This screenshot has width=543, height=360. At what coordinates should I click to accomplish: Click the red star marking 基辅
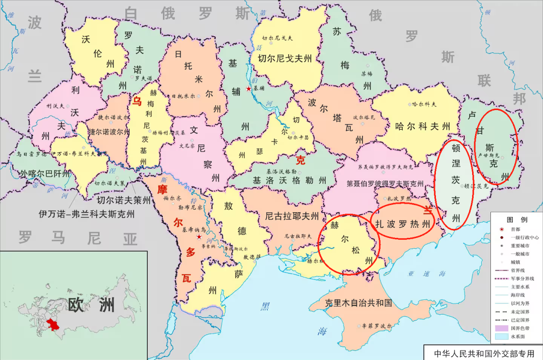(248, 88)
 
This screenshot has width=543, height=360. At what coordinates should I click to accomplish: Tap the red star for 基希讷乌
(199, 236)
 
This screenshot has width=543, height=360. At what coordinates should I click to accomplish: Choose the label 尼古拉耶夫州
(292, 217)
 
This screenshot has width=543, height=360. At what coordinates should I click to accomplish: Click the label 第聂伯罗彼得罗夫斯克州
(386, 184)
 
